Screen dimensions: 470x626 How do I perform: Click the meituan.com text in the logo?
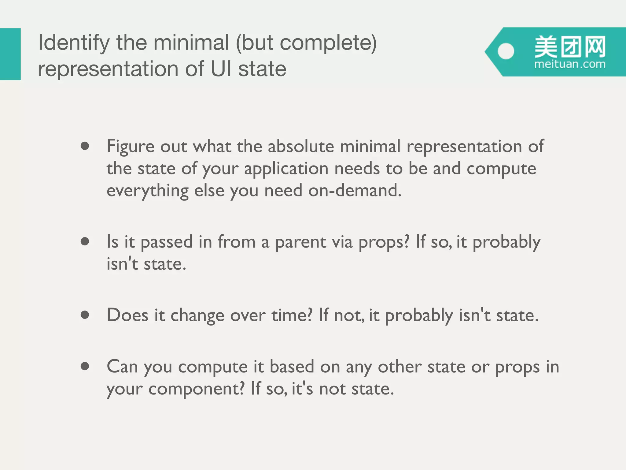coord(569,64)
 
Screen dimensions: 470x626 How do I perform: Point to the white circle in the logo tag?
coord(506,51)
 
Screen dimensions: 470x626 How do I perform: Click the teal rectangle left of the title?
coord(10,54)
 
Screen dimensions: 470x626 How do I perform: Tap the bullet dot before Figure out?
coord(85,146)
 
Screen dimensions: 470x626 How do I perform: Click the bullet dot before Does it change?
coord(85,315)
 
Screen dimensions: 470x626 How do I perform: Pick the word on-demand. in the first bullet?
coord(355,191)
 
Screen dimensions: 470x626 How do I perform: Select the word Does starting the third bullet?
coord(127,315)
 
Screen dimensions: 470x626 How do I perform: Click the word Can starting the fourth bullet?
coord(122,367)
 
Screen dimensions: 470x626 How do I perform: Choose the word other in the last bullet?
coord(400,367)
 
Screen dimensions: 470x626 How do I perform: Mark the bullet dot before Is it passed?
coord(85,241)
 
